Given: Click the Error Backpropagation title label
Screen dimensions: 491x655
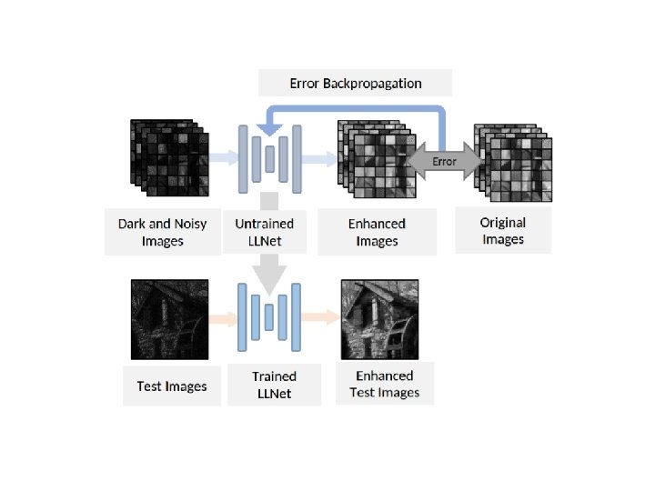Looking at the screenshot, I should pos(355,83).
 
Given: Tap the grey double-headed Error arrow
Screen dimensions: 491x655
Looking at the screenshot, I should pos(444,161).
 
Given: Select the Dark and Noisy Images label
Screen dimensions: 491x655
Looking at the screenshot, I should pos(163,232).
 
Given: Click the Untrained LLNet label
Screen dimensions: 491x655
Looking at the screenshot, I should pos(270,232).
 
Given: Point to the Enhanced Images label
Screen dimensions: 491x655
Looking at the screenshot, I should pos(377,232).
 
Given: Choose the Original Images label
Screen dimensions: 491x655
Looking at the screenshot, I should pos(503,231).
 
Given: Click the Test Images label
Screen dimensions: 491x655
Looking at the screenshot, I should pos(172,386).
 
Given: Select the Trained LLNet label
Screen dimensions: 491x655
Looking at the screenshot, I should pos(274,385).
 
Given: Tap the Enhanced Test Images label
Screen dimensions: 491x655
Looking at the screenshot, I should pos(384,384).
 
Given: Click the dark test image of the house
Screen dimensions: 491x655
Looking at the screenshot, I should pos(170,320).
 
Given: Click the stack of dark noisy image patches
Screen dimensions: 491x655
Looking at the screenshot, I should pos(169,158).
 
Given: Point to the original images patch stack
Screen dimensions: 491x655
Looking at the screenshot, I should pos(514,161).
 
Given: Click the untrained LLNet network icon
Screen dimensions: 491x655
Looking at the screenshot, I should pos(269,157).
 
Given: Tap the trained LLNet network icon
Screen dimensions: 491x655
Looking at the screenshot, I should pos(269,317).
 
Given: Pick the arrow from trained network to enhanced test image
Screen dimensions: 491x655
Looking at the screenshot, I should pos(318,317).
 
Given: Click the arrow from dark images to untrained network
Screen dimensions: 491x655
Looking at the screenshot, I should pos(223,158).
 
